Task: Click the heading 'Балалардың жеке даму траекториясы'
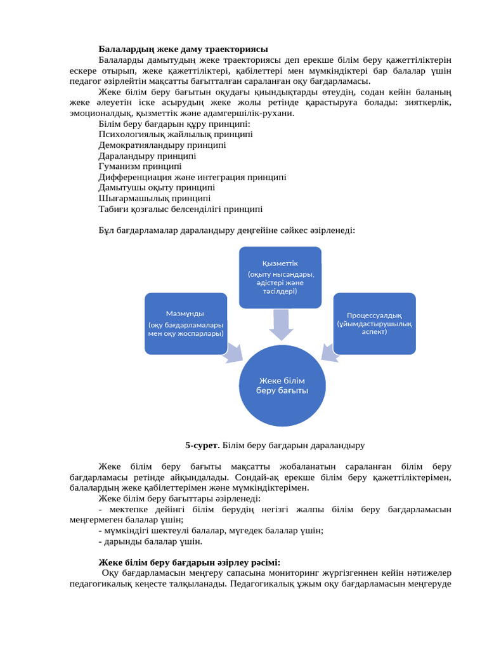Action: (183, 49)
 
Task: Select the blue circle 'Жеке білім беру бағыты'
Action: (282, 385)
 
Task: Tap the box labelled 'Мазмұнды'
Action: (186, 323)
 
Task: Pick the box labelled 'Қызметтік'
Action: (280, 277)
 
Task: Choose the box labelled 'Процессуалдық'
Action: (374, 323)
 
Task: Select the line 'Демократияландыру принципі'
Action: (162, 145)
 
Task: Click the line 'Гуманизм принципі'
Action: (140, 166)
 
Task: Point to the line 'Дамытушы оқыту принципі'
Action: (157, 187)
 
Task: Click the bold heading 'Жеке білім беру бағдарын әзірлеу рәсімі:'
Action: (190, 562)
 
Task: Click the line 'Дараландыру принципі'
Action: (147, 156)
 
